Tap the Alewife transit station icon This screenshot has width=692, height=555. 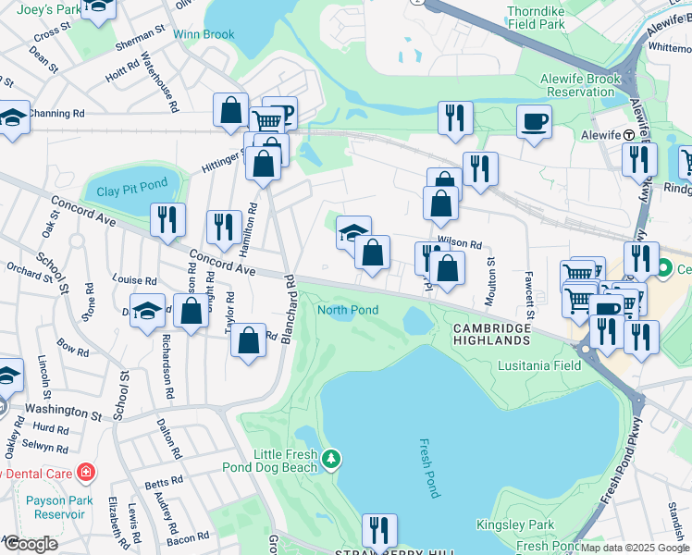[x=628, y=134]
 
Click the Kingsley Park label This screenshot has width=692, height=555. [x=515, y=524]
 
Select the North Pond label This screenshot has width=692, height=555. [x=348, y=310]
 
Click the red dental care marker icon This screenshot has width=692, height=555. [x=86, y=473]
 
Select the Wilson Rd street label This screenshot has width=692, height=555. [x=460, y=244]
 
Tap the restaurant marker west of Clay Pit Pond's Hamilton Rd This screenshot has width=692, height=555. [x=167, y=219]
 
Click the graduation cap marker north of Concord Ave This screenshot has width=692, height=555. [x=353, y=232]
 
